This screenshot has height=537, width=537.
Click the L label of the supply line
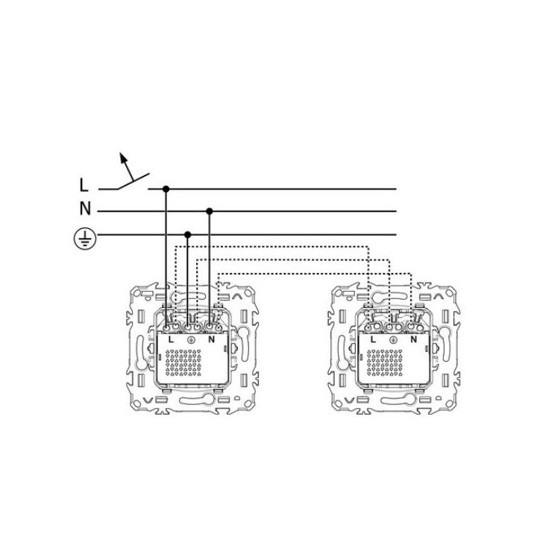click(84, 185)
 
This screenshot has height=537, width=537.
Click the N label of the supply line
click(85, 208)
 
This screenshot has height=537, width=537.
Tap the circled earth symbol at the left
click(85, 239)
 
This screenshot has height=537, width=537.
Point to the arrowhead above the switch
click(123, 157)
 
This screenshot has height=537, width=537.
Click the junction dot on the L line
click(166, 189)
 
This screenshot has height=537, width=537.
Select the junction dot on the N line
click(210, 211)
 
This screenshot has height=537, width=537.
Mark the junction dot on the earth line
click(187, 235)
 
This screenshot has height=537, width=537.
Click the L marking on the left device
click(172, 340)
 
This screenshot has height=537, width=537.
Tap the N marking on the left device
click(212, 340)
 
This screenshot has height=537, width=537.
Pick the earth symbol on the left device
click(192, 340)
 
